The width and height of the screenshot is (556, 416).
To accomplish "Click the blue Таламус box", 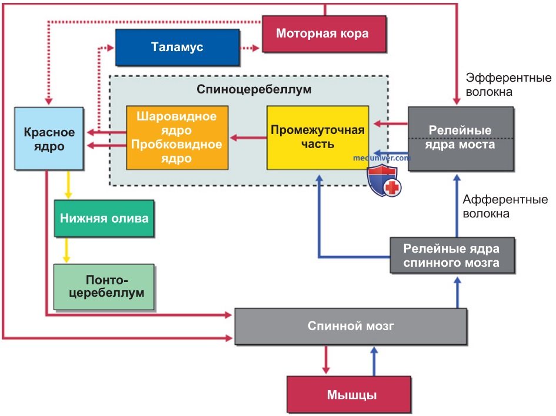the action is click(x=177, y=47).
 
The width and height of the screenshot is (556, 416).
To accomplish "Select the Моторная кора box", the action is click(x=324, y=33).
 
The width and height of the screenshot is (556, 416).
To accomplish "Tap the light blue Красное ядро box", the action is click(x=49, y=139).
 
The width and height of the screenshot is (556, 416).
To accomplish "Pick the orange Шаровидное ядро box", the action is click(x=177, y=137).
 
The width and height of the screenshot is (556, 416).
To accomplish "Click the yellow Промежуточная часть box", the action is click(x=318, y=137).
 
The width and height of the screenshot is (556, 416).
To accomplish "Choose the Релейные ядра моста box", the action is click(x=461, y=139).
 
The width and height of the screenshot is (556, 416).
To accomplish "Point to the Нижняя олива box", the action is click(x=104, y=218).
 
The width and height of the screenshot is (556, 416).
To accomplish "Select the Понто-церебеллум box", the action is click(x=104, y=287).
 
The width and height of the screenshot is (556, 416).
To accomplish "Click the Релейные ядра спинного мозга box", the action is click(x=452, y=255).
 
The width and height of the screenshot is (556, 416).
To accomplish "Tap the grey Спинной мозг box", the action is click(x=351, y=326).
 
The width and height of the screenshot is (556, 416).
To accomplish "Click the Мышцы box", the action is click(x=349, y=394).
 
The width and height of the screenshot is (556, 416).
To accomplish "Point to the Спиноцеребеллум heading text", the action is click(x=254, y=89).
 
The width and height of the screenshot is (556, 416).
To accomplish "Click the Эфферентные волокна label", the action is click(x=508, y=85).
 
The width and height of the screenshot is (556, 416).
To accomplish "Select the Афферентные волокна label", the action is click(x=505, y=206).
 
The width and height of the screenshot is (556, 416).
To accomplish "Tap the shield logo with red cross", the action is click(x=384, y=181).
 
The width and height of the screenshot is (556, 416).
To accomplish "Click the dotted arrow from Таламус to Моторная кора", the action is click(x=250, y=48).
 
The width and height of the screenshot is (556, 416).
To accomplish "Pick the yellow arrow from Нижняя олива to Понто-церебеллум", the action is click(x=66, y=250).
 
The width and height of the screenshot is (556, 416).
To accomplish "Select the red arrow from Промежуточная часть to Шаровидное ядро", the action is click(x=248, y=137).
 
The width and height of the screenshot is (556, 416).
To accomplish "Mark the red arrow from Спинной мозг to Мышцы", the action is click(x=326, y=360).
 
